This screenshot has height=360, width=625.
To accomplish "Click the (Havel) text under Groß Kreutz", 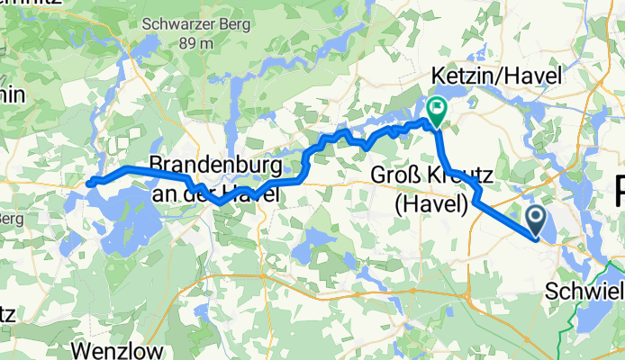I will click(431, 205).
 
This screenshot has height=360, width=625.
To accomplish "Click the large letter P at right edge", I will click(617, 191).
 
